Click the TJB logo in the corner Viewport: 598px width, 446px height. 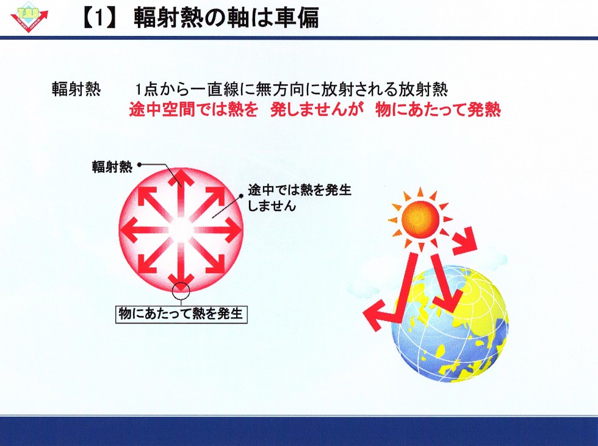29,17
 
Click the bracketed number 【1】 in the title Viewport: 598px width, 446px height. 99,18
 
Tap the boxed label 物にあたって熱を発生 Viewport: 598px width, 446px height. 181,314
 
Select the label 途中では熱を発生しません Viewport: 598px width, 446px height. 300,198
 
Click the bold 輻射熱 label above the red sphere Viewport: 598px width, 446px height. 112,167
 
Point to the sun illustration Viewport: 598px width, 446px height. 420,218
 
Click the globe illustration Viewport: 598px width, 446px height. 450,324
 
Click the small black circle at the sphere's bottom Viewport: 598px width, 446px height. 181,292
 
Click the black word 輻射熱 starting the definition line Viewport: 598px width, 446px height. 76,90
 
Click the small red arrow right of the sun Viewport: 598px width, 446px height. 464,241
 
